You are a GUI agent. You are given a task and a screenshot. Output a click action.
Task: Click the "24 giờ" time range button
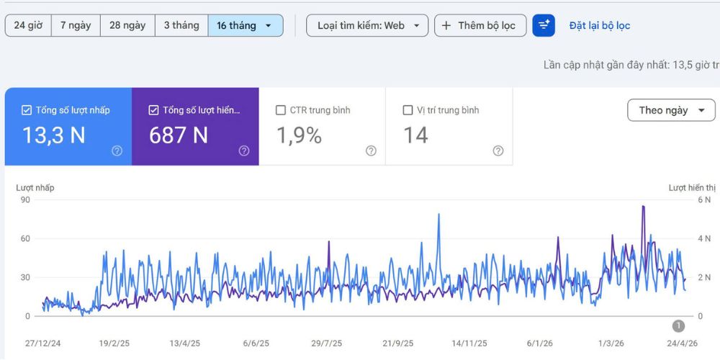pyautogui.click(x=28, y=25)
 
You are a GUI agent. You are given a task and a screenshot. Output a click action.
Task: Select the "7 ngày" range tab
pyautogui.click(x=76, y=25)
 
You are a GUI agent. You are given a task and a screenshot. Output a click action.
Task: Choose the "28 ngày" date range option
pyautogui.click(x=127, y=25)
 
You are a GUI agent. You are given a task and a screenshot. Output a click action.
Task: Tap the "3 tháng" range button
pyautogui.click(x=182, y=25)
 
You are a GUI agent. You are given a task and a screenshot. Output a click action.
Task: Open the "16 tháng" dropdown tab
pyautogui.click(x=246, y=25)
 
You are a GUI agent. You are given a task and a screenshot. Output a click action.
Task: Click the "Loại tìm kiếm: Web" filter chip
pyautogui.click(x=367, y=25)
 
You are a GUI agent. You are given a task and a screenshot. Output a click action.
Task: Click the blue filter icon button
pyautogui.click(x=544, y=25)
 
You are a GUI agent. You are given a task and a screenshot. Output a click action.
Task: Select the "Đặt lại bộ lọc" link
pyautogui.click(x=600, y=26)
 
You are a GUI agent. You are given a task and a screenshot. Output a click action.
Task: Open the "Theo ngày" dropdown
pyautogui.click(x=671, y=110)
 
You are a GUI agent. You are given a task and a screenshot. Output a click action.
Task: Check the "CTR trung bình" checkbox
pyautogui.click(x=281, y=110)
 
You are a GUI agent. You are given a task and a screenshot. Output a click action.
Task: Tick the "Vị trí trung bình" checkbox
pyautogui.click(x=408, y=110)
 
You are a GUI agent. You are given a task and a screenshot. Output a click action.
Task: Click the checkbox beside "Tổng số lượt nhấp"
pyautogui.click(x=27, y=110)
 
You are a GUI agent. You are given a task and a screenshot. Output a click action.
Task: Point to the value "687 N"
pyautogui.click(x=179, y=135)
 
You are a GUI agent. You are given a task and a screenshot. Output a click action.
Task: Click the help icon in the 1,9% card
pyautogui.click(x=371, y=150)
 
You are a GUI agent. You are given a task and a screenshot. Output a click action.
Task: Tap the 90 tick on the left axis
pyautogui.click(x=24, y=199)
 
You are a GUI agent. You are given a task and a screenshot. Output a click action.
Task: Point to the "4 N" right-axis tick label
pyautogui.click(x=704, y=239)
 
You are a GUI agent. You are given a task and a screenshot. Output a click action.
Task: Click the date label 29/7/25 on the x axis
pyautogui.click(x=326, y=343)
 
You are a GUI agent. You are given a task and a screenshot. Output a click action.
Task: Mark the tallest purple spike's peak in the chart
pyautogui.click(x=643, y=206)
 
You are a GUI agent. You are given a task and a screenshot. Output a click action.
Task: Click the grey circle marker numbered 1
pyautogui.click(x=678, y=326)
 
